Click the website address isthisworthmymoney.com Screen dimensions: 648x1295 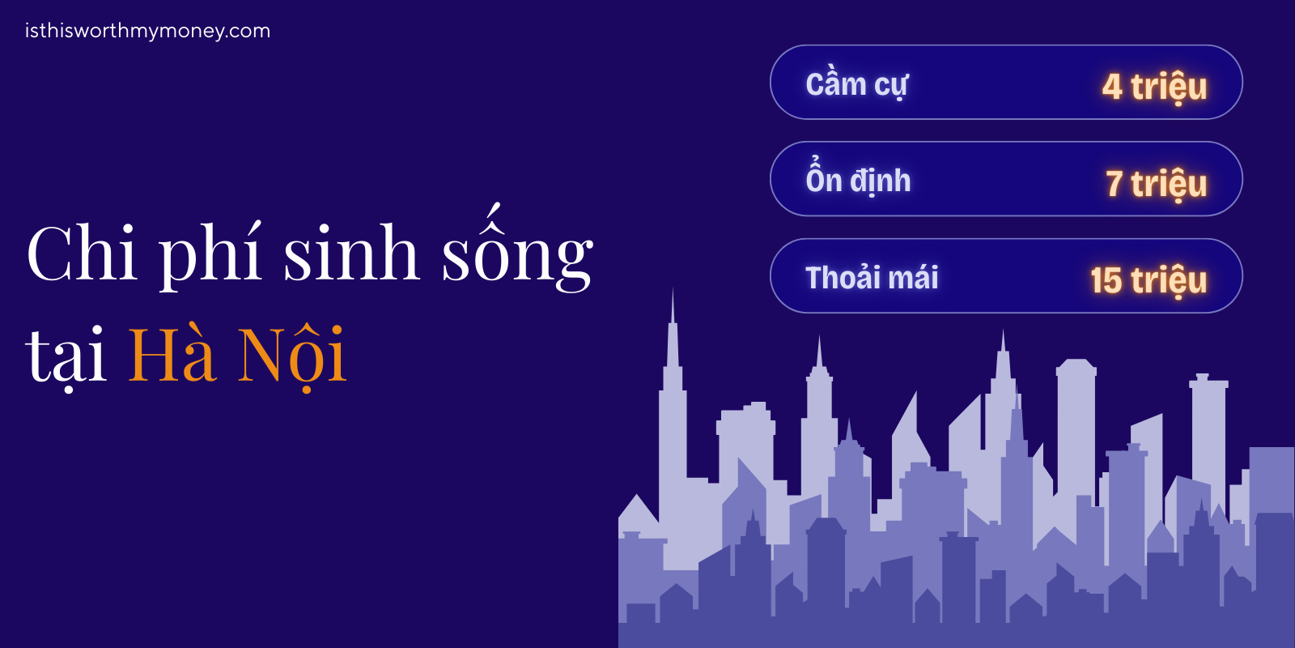[x=147, y=31]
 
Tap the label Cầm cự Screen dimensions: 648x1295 [x=856, y=85]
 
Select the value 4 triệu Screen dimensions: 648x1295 [x=1154, y=87]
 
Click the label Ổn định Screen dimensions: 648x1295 [x=858, y=180]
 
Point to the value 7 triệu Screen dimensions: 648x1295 [x=1156, y=184]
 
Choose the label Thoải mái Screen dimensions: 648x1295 [x=872, y=278]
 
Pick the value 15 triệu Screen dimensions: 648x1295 [x=1149, y=280]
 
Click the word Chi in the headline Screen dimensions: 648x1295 [x=81, y=254]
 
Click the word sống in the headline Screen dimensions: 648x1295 [x=517, y=254]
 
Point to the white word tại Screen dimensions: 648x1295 [x=66, y=356]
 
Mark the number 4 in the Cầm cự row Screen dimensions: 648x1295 [x=1112, y=87]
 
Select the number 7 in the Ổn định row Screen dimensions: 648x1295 [x=1115, y=184]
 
